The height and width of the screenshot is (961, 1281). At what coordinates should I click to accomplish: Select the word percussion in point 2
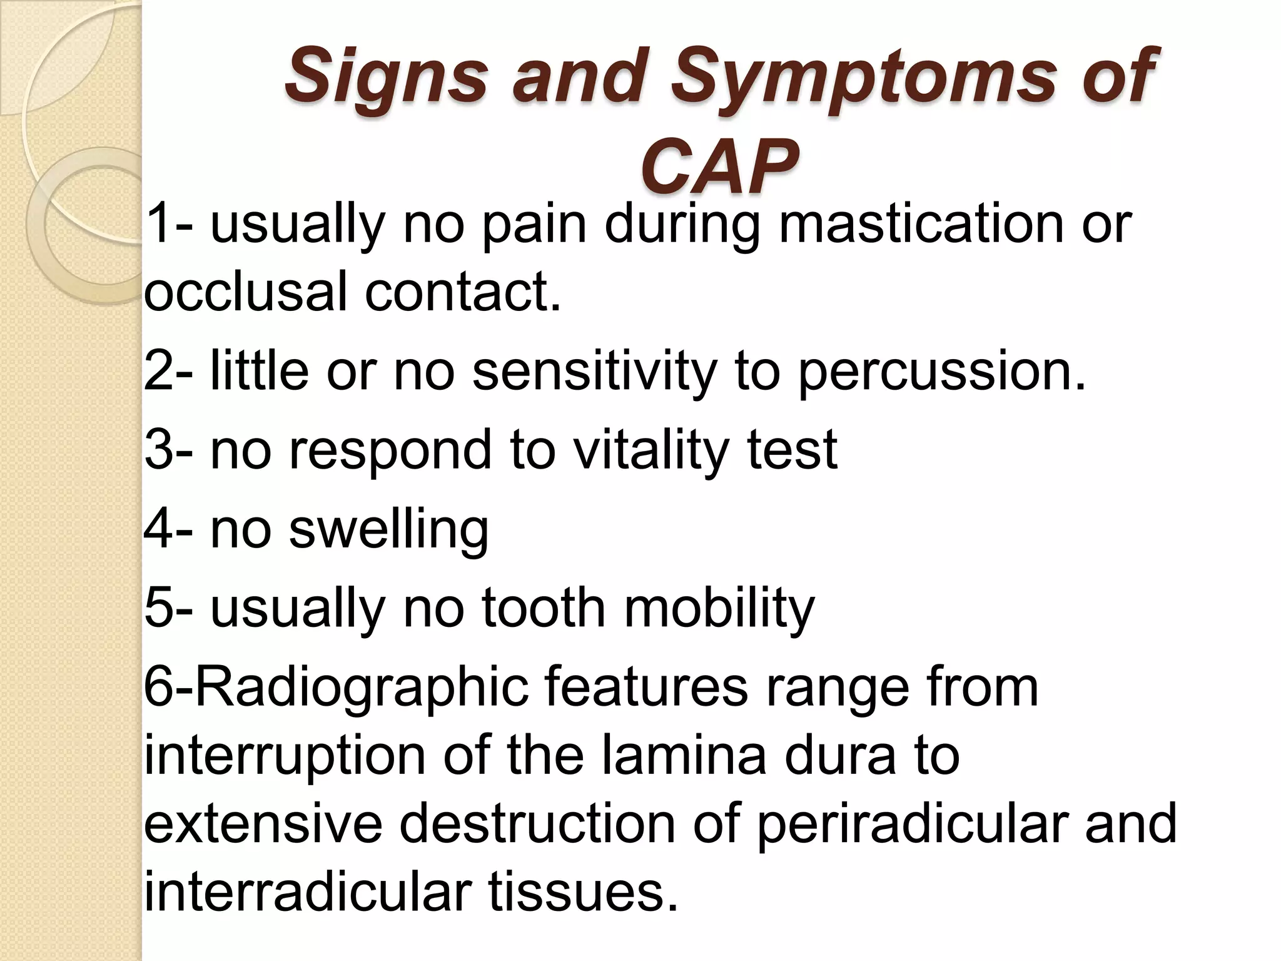942,372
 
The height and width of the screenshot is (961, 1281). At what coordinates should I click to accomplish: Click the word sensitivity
594,372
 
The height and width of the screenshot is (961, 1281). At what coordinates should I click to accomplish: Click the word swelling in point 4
388,529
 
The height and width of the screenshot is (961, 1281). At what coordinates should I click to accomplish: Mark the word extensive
263,823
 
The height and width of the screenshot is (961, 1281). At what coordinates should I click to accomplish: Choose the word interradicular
307,891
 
